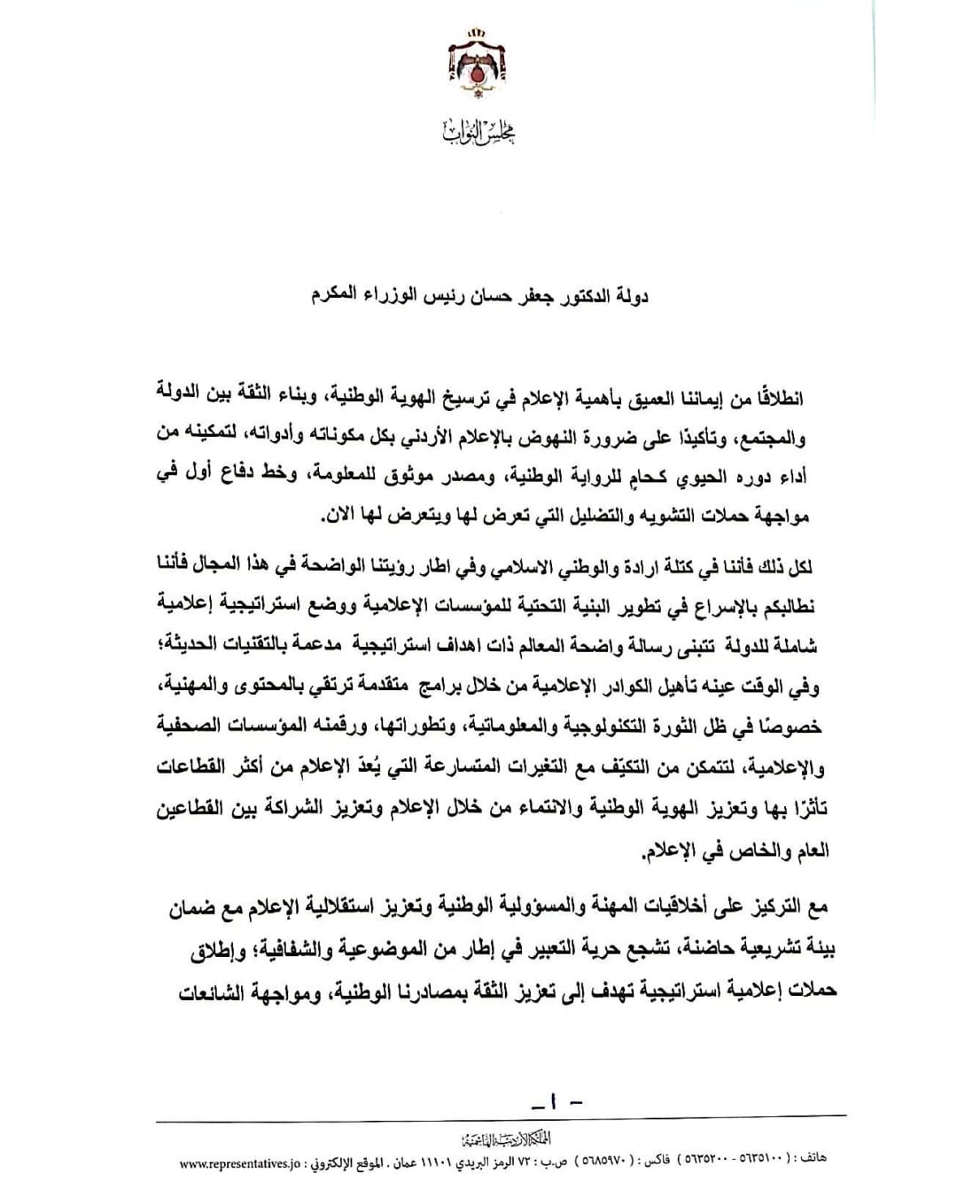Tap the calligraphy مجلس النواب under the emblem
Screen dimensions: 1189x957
point(479,133)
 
